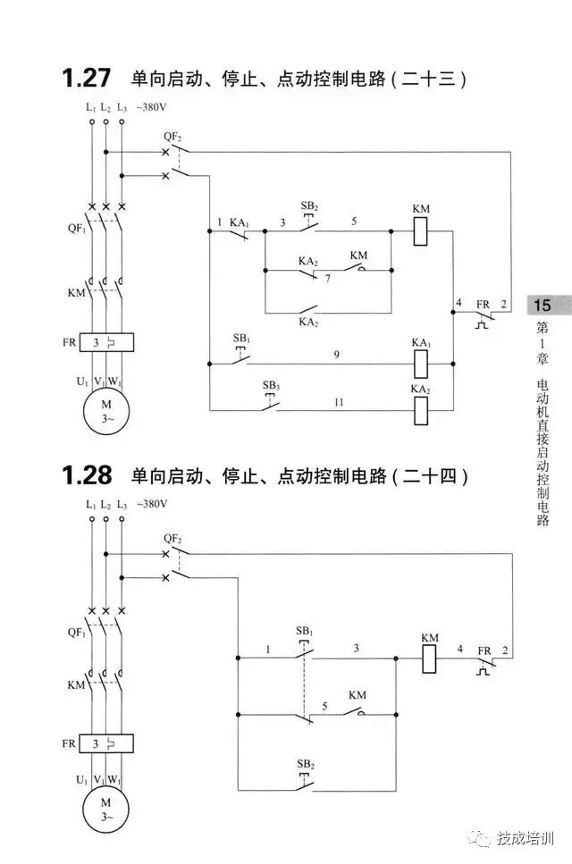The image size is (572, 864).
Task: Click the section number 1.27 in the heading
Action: tap(86, 79)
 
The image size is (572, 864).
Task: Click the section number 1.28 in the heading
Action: tap(86, 475)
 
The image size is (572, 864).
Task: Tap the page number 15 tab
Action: tap(543, 305)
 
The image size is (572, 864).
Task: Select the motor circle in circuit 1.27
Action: tap(105, 410)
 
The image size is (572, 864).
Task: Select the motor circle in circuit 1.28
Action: tap(105, 808)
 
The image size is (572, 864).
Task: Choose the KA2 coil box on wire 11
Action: tap(422, 409)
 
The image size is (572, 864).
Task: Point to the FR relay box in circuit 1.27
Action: tap(105, 341)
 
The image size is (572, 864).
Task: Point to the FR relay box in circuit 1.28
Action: tap(105, 742)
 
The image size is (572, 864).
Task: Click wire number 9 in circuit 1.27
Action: tap(336, 355)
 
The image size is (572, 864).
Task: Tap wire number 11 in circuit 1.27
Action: tap(339, 402)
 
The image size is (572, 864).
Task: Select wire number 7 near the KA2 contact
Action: tap(328, 280)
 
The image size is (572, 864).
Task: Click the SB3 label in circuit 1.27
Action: tap(270, 385)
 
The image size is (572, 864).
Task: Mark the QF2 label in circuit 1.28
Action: tap(172, 539)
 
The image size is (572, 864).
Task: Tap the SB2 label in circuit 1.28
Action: tap(306, 765)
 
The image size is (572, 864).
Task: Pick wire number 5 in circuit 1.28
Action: tap(325, 705)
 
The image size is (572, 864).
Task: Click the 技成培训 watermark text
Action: tap(526, 839)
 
